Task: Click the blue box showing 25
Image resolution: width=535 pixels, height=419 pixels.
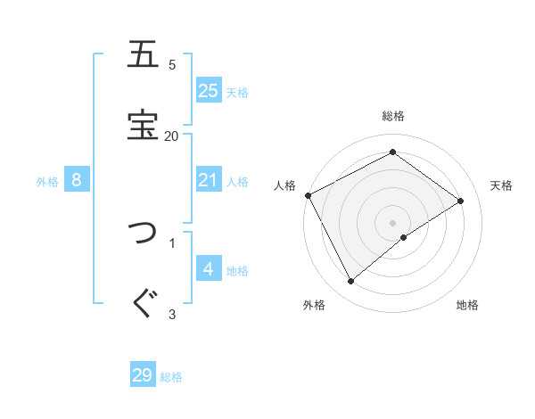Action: pos(209,90)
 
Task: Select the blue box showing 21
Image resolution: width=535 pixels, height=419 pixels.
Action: pos(209,181)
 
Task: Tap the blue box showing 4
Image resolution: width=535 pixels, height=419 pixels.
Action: pos(209,269)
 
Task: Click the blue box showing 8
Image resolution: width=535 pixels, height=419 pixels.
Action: pos(77,181)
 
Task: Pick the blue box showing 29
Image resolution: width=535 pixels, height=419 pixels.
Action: pos(143,375)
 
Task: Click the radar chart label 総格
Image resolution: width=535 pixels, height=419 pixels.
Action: pos(393,116)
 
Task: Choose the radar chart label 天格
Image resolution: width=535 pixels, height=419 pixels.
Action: pos(501,185)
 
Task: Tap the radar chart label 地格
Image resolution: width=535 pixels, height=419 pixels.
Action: pos(467,306)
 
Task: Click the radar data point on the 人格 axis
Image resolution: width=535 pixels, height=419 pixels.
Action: pos(308,195)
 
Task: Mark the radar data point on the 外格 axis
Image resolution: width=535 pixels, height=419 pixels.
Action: pos(350,282)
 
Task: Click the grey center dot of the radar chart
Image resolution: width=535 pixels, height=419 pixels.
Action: pos(393,222)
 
